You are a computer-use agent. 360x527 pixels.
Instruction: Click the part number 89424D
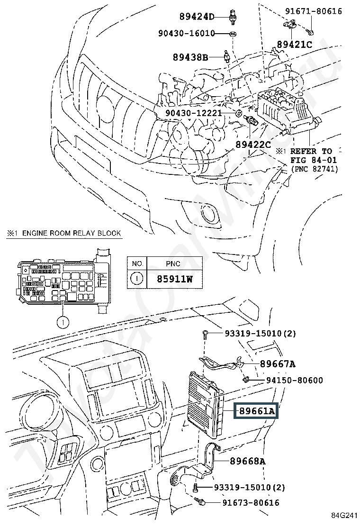coord(197,17)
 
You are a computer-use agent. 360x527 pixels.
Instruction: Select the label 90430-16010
coord(186,34)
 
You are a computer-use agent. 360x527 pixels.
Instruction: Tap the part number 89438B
coord(190,58)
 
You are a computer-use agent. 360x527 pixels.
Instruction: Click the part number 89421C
coord(295,45)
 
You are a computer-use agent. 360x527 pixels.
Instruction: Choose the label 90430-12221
coord(194,113)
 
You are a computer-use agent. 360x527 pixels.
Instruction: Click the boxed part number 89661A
coord(256,411)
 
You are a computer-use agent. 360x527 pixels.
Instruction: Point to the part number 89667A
coord(277,364)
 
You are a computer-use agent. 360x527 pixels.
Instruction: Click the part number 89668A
coord(248,461)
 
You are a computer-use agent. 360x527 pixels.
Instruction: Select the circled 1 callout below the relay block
coord(62,322)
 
